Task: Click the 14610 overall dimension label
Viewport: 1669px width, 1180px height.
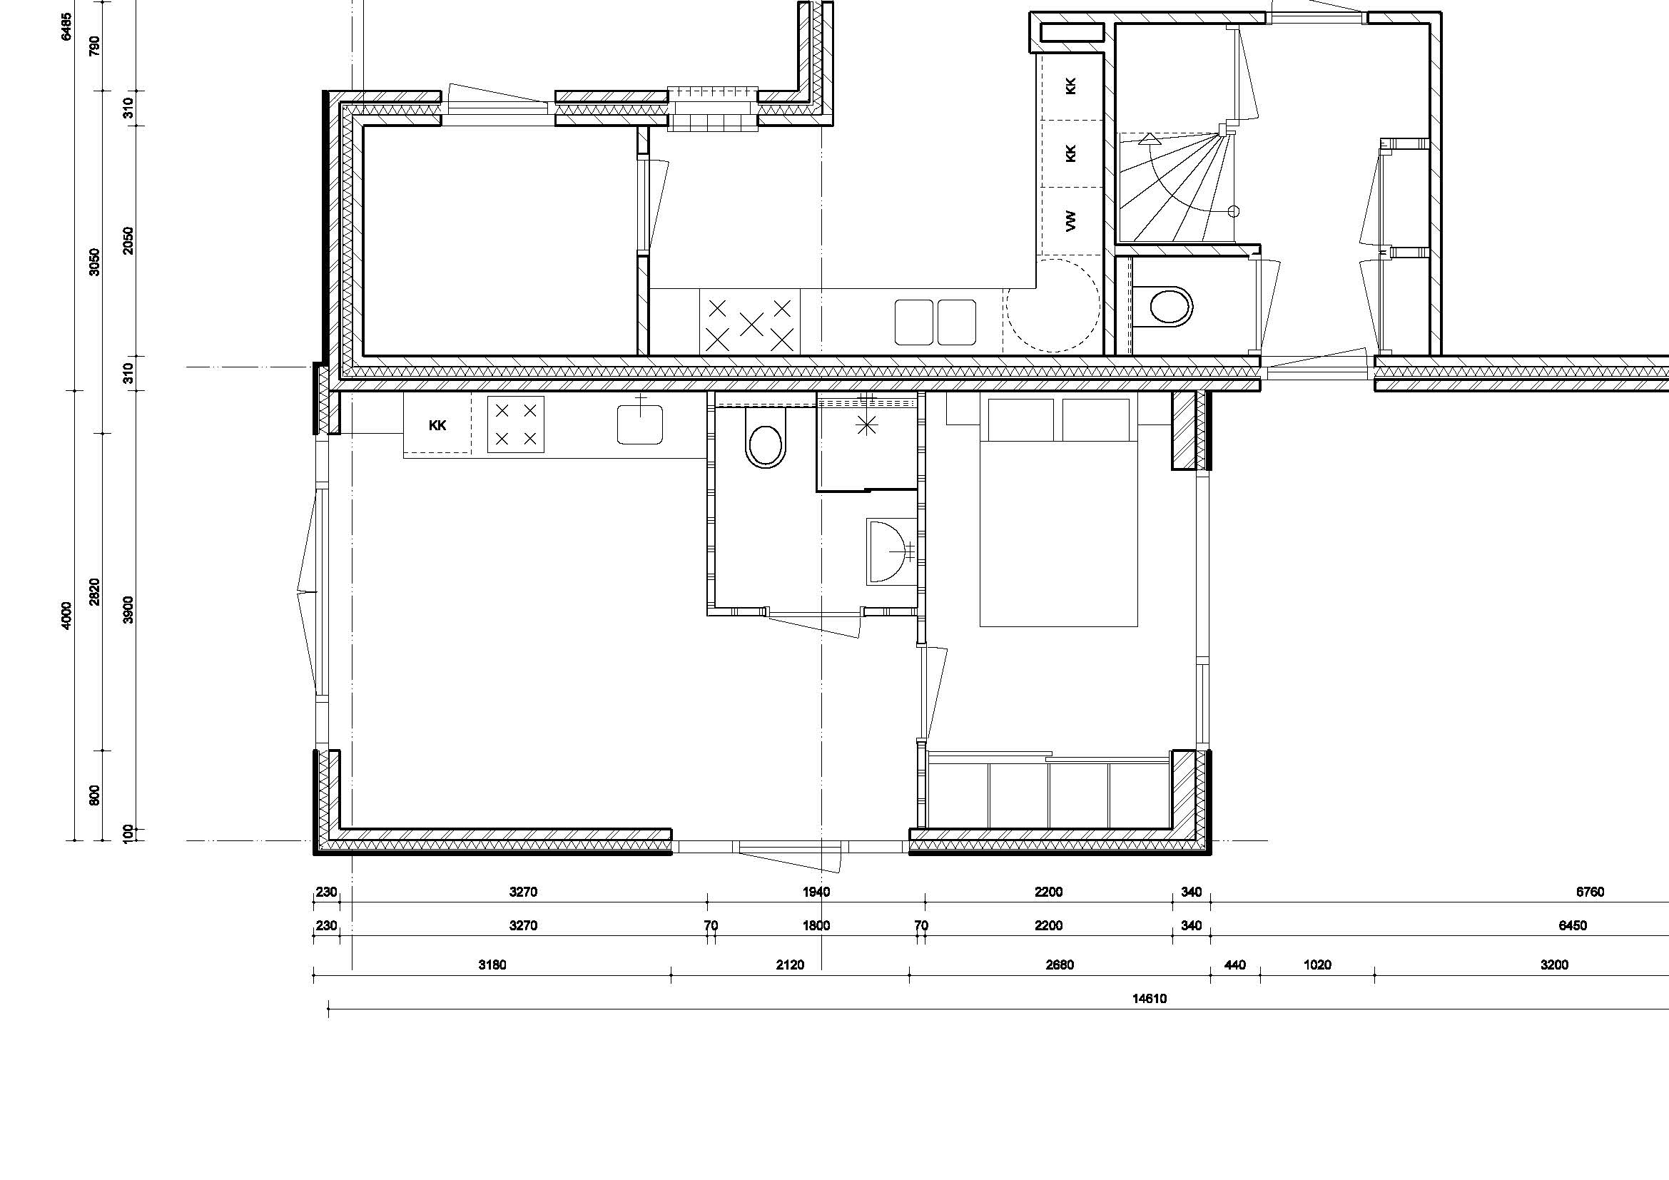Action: tap(1150, 998)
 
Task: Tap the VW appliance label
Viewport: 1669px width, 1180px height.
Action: tap(1070, 221)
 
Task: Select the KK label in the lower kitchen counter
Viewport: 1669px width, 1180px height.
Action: tap(437, 426)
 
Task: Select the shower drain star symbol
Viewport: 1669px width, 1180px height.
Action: tap(866, 425)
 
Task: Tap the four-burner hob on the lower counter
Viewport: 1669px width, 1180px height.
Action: tap(515, 424)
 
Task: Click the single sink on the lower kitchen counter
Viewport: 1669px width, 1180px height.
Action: tap(639, 424)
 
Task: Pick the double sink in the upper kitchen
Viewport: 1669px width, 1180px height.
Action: tap(935, 322)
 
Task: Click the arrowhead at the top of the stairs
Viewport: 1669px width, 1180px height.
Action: tap(1149, 139)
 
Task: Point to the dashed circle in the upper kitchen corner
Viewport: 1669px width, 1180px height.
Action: tap(1052, 305)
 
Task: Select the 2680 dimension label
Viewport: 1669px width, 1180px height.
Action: tap(1059, 965)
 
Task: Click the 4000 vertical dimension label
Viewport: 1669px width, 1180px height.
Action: tap(67, 616)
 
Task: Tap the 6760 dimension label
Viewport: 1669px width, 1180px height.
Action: tap(1590, 892)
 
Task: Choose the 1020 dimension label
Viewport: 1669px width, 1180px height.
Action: tap(1317, 965)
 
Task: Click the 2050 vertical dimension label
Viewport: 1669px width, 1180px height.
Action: tap(128, 240)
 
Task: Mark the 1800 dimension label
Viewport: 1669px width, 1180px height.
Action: tap(816, 926)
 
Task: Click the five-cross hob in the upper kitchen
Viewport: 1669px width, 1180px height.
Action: tap(749, 323)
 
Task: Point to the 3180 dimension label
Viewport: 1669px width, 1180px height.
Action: tap(492, 965)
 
